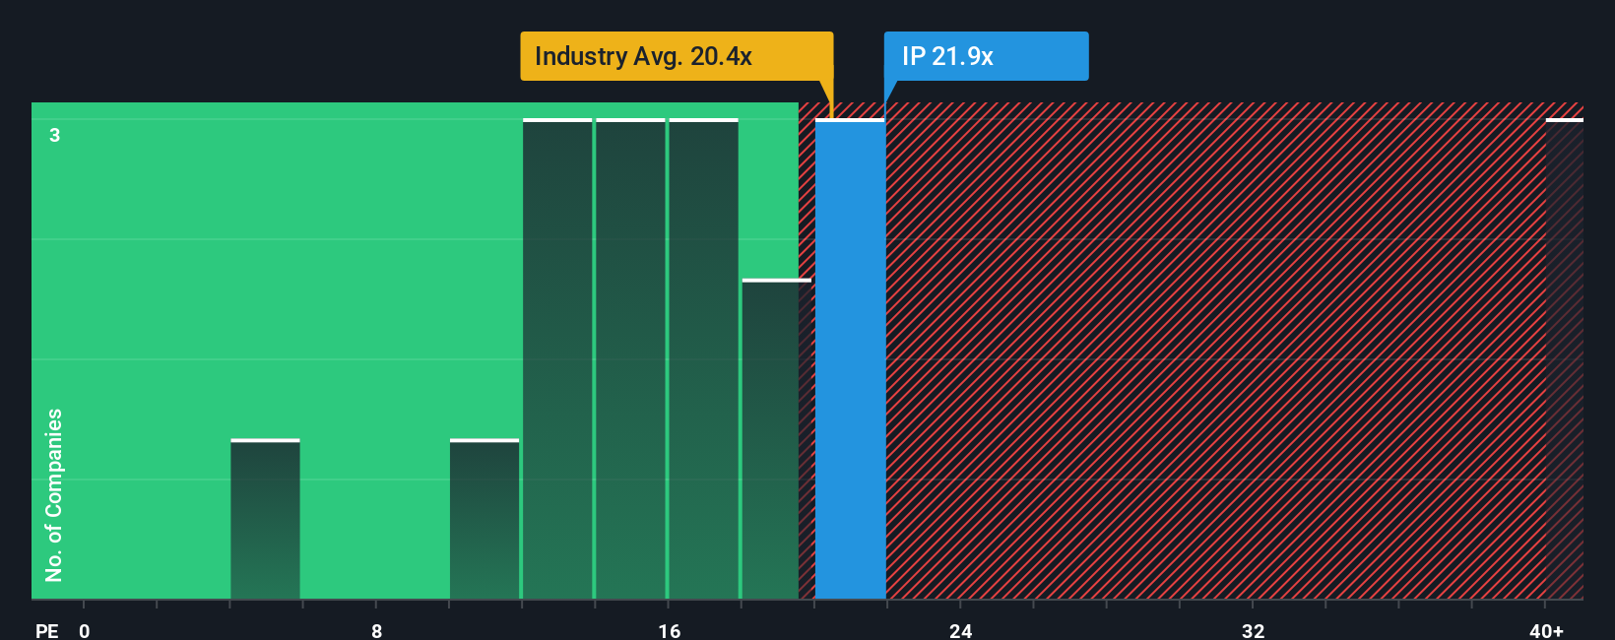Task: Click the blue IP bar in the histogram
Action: [850, 359]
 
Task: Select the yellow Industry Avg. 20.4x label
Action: [676, 56]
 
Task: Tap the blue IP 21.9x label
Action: [986, 56]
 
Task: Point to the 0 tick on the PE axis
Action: [85, 630]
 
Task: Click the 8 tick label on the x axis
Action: [376, 630]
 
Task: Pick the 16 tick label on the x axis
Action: [669, 630]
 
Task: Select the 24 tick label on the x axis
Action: [960, 630]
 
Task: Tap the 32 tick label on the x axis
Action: [1253, 630]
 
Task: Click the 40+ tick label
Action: [1546, 630]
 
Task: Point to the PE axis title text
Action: [46, 630]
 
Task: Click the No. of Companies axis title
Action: [54, 494]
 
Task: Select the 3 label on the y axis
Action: [55, 135]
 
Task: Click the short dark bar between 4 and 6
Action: [265, 519]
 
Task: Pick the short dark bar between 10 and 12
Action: [484, 519]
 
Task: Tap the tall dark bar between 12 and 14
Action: [557, 359]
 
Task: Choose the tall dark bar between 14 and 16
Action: [630, 359]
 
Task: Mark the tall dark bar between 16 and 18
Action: [703, 359]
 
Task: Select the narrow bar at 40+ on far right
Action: [1564, 359]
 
